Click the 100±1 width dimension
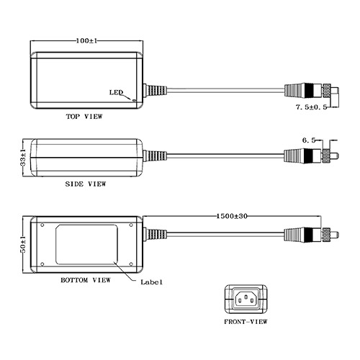86,40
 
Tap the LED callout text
116,92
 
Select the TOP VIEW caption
84,117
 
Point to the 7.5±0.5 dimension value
312,107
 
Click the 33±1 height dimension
23,157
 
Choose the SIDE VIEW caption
86,184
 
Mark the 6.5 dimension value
309,140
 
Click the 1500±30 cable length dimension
232,216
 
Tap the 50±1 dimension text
23,244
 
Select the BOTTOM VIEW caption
86,280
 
